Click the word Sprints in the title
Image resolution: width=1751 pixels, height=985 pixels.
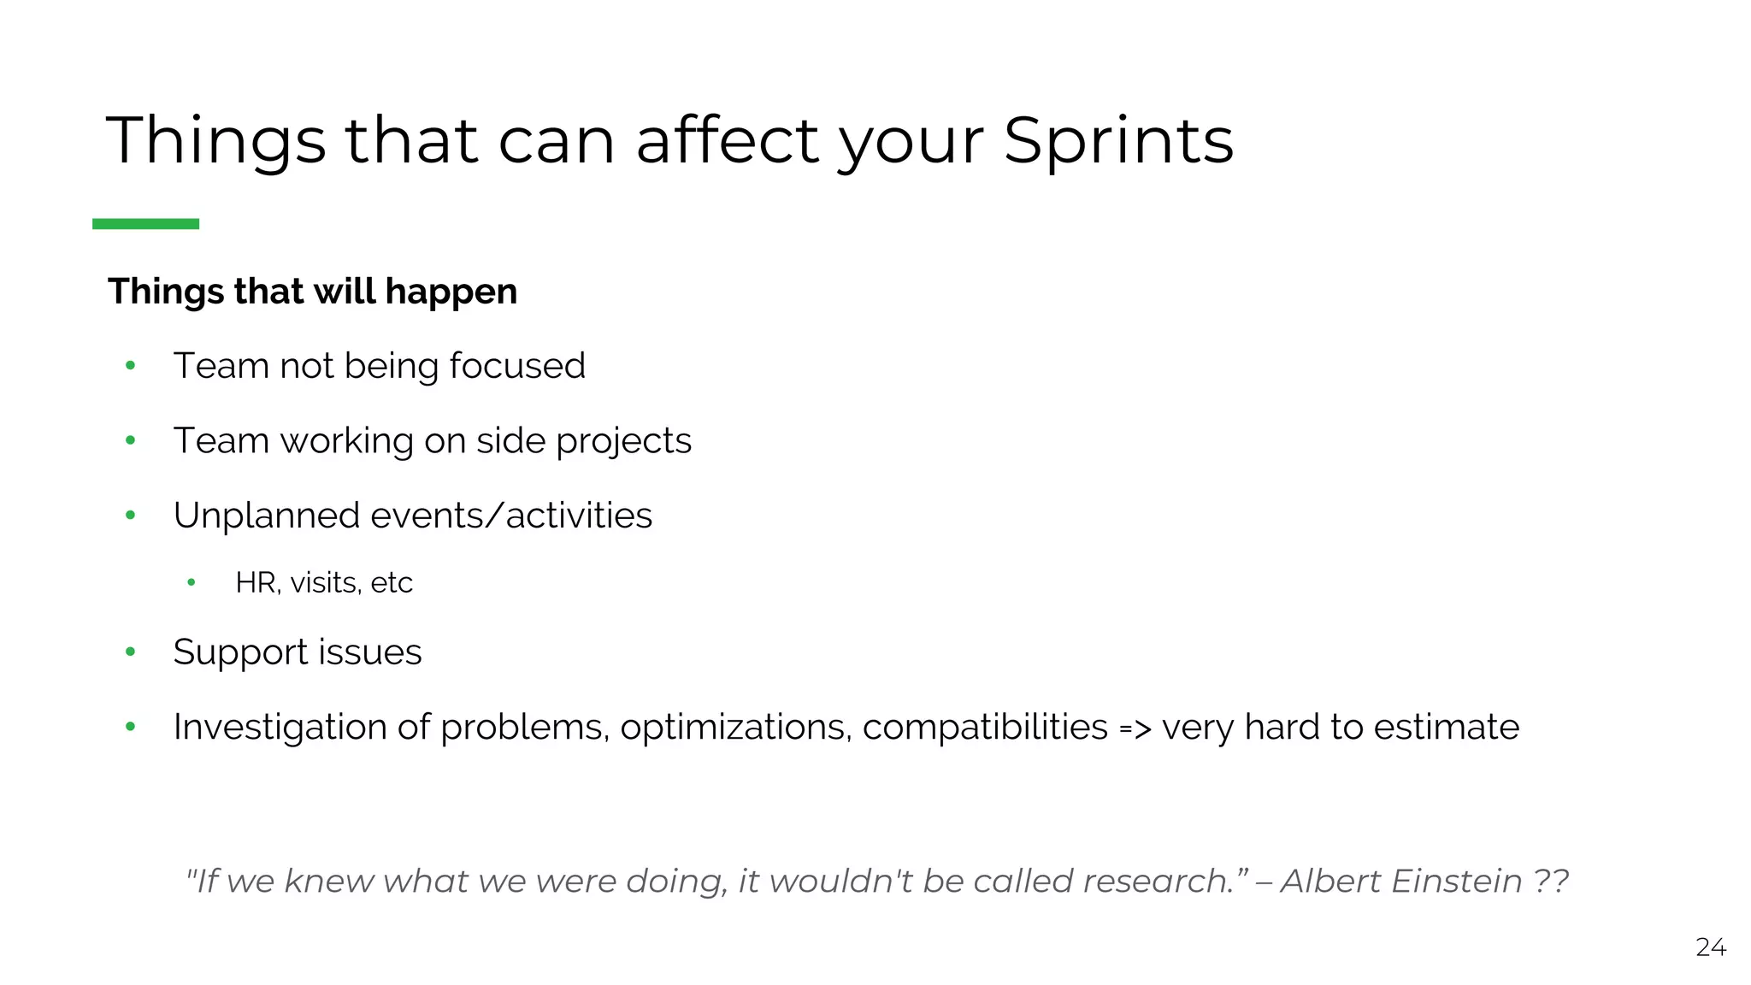tap(1118, 141)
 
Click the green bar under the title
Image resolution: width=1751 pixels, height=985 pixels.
tap(145, 224)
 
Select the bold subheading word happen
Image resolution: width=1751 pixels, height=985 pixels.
tap(451, 292)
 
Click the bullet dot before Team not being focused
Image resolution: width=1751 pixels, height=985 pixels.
tap(131, 366)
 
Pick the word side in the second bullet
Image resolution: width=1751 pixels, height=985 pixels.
tap(510, 441)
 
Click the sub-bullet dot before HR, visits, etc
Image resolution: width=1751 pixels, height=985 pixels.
tap(192, 583)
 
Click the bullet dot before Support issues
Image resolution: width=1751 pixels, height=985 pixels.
tap(131, 652)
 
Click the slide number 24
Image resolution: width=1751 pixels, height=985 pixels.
tap(1711, 947)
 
